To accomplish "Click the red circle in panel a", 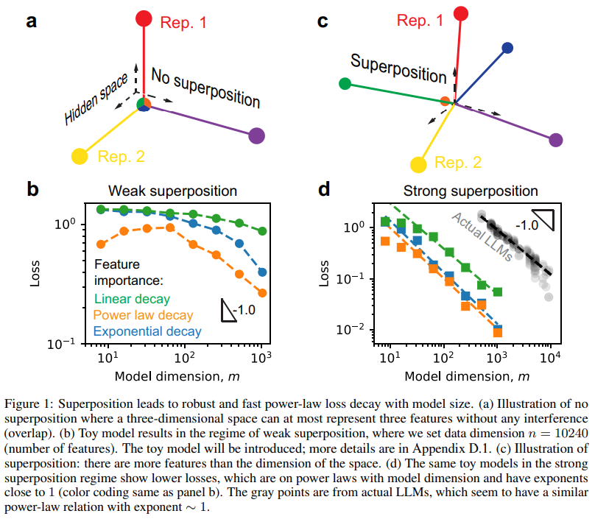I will coord(144,18).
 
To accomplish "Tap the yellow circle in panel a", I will coord(79,156).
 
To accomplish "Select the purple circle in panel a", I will coord(256,135).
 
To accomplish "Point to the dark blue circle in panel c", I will coord(507,49).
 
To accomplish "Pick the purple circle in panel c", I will coord(556,140).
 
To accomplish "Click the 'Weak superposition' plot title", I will coord(173,191).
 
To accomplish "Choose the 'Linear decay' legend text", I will coord(133,299).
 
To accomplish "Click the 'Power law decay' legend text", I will coord(143,315).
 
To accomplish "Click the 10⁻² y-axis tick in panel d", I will coord(360,329).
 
